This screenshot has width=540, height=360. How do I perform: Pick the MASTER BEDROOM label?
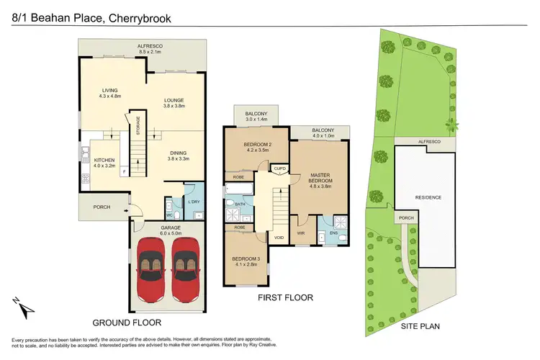[320, 179]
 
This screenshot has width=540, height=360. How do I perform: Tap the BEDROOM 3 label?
[246, 261]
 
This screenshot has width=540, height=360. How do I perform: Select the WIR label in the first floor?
[302, 233]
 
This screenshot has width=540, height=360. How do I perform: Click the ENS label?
[333, 233]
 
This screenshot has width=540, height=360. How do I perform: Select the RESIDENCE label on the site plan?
[427, 197]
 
